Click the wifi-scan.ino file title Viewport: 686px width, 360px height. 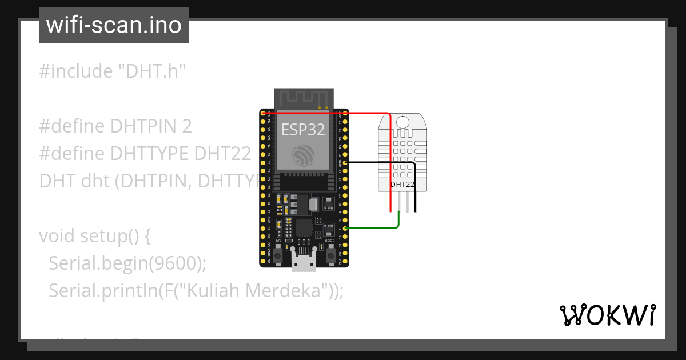pos(114,25)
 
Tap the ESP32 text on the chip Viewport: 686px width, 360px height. pos(302,130)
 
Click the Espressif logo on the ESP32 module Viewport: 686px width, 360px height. pos(302,155)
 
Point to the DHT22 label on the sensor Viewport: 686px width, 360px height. pos(402,184)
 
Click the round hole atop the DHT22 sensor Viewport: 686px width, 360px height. pos(402,122)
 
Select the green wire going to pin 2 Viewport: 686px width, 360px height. pos(372,229)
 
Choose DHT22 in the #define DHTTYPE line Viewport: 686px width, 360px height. pos(223,154)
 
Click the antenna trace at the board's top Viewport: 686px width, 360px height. pos(303,98)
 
